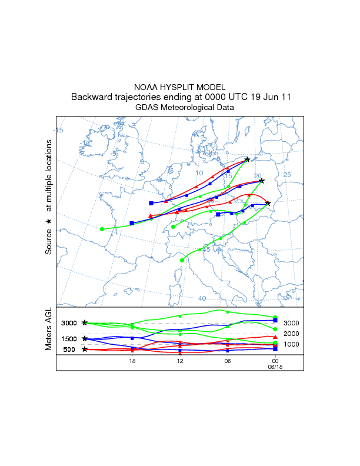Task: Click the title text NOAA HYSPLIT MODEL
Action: click(179, 87)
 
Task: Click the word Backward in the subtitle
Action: click(91, 97)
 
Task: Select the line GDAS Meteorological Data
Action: click(179, 107)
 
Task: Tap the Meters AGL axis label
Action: click(49, 330)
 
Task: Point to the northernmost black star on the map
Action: click(248, 159)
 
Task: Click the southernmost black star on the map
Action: click(268, 204)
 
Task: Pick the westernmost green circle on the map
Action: click(102, 229)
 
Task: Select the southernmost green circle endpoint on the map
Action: click(182, 260)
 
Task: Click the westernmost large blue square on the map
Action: click(132, 224)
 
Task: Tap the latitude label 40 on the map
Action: click(202, 298)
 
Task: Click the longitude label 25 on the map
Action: click(287, 175)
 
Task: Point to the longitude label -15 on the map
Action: click(59, 130)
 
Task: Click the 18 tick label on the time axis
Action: click(132, 361)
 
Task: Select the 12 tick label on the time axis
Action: click(180, 361)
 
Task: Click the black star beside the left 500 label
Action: click(85, 349)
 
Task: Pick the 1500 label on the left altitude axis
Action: click(69, 339)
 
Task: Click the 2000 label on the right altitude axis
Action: click(291, 334)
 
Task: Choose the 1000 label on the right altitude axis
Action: click(291, 344)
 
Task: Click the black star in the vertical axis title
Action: click(49, 222)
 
